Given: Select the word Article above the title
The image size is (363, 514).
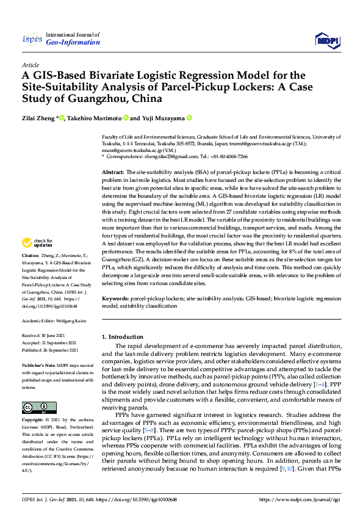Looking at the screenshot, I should point(30,64).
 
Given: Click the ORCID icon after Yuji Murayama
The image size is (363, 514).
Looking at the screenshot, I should point(190,118).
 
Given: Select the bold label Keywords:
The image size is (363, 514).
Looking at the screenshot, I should point(116,299).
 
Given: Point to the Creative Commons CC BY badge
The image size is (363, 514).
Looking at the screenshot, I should point(35,407).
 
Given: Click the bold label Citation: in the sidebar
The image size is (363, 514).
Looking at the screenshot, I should point(30,272).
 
